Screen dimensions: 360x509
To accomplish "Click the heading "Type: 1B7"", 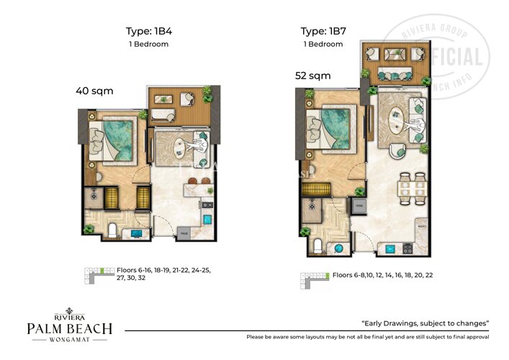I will click(x=323, y=31).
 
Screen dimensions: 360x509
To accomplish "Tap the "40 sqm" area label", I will click(x=94, y=91).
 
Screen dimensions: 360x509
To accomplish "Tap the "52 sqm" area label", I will click(x=312, y=75).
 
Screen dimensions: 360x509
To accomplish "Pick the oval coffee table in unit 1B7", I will click(x=397, y=118).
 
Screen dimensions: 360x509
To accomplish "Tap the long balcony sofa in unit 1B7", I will click(x=395, y=74).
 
